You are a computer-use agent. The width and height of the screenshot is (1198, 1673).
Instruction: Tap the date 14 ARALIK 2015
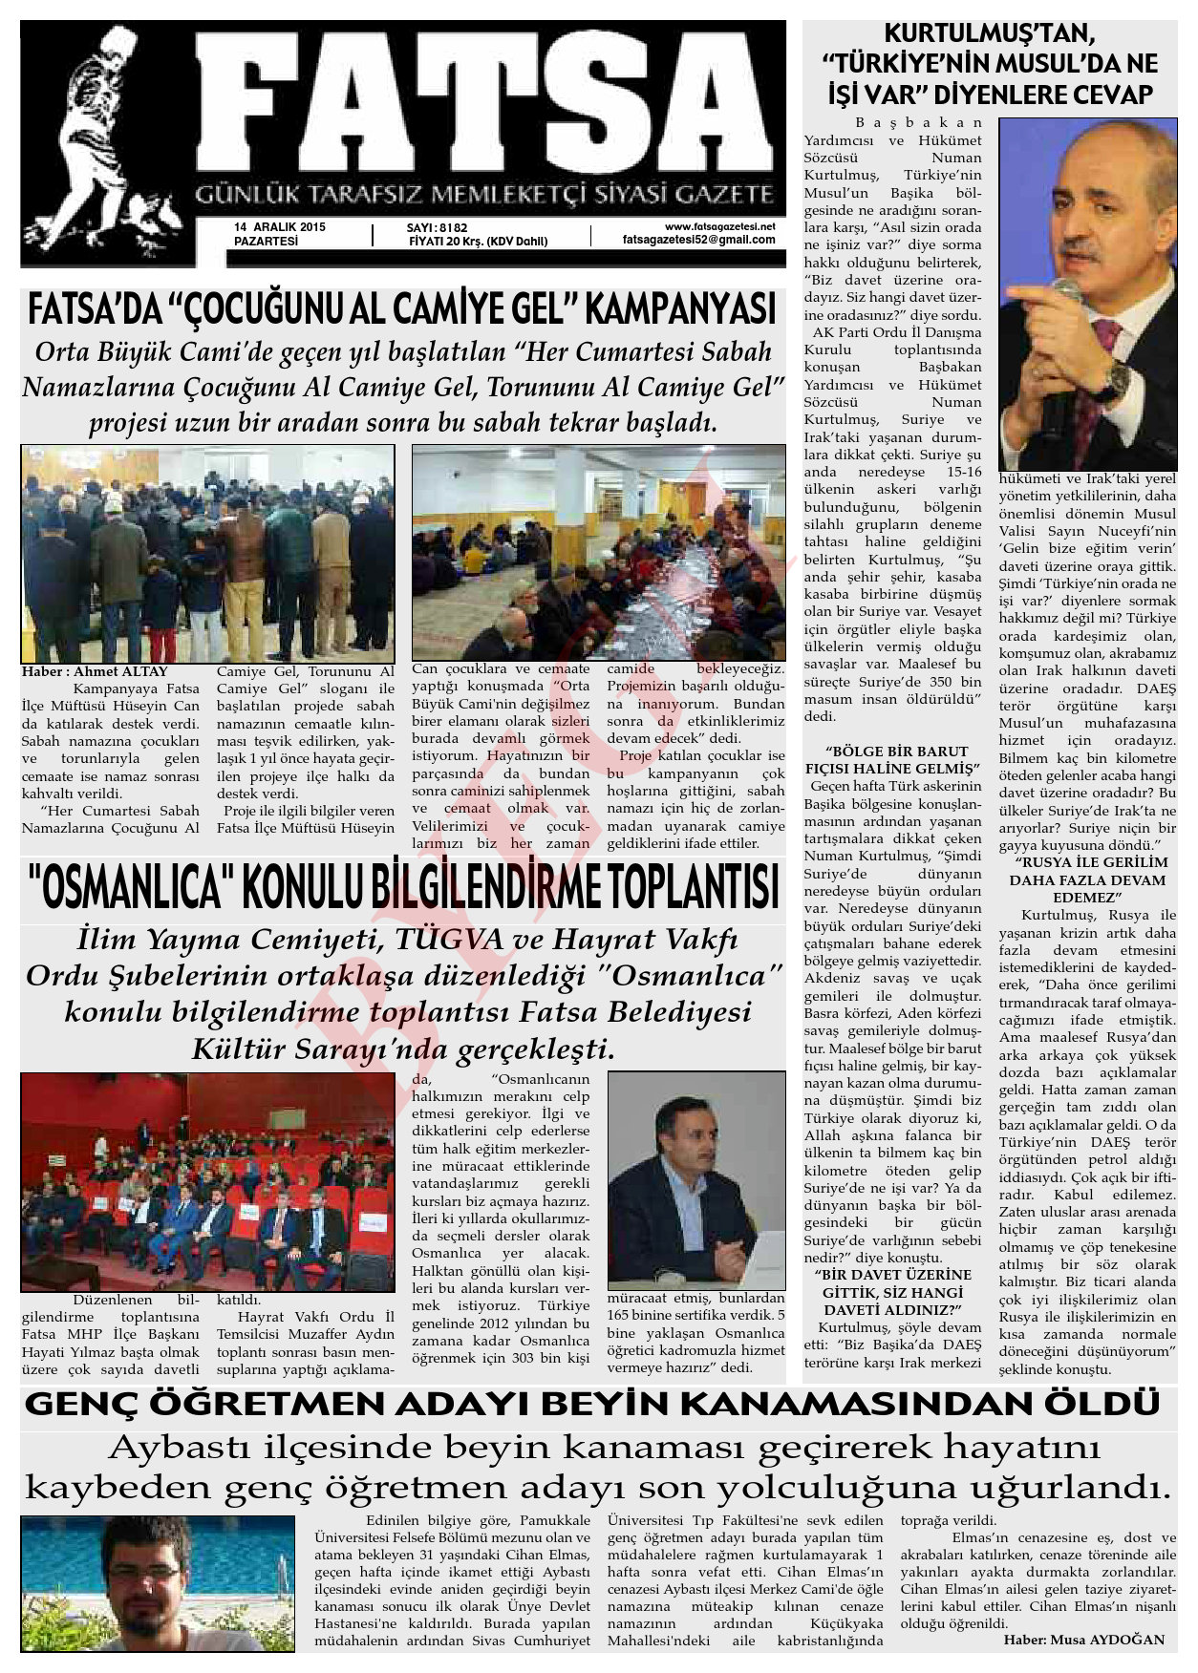coord(280,227)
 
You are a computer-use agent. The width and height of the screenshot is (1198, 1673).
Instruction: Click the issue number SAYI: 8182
coord(437,227)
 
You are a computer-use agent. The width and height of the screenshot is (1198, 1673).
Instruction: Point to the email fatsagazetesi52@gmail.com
coord(698,240)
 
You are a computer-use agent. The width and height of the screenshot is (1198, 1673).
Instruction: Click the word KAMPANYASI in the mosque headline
coord(679,310)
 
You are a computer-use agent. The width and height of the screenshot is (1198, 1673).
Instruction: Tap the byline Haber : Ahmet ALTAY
coord(95,671)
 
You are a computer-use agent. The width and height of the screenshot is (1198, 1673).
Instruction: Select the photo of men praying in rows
coord(207,554)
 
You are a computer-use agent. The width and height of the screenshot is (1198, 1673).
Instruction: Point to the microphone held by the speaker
coord(1062,290)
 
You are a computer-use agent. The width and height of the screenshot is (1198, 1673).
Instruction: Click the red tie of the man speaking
coord(1099,382)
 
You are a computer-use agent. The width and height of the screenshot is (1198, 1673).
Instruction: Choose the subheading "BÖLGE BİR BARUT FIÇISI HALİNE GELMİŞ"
coord(892,759)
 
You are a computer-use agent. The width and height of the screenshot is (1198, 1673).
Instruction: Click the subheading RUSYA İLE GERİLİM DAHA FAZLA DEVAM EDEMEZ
coord(1087,879)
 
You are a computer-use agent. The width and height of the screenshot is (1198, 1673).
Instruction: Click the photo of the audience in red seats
coord(207,1182)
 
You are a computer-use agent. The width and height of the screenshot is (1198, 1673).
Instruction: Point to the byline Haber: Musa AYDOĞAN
coord(1084,1640)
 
